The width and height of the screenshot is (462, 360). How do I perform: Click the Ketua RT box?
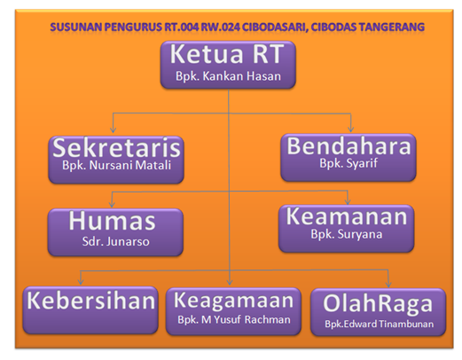point(230,65)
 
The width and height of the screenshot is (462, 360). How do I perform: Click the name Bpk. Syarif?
point(348,165)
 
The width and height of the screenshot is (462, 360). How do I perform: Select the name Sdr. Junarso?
point(115,239)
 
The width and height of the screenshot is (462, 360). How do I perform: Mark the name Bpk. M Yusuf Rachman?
point(234,319)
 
